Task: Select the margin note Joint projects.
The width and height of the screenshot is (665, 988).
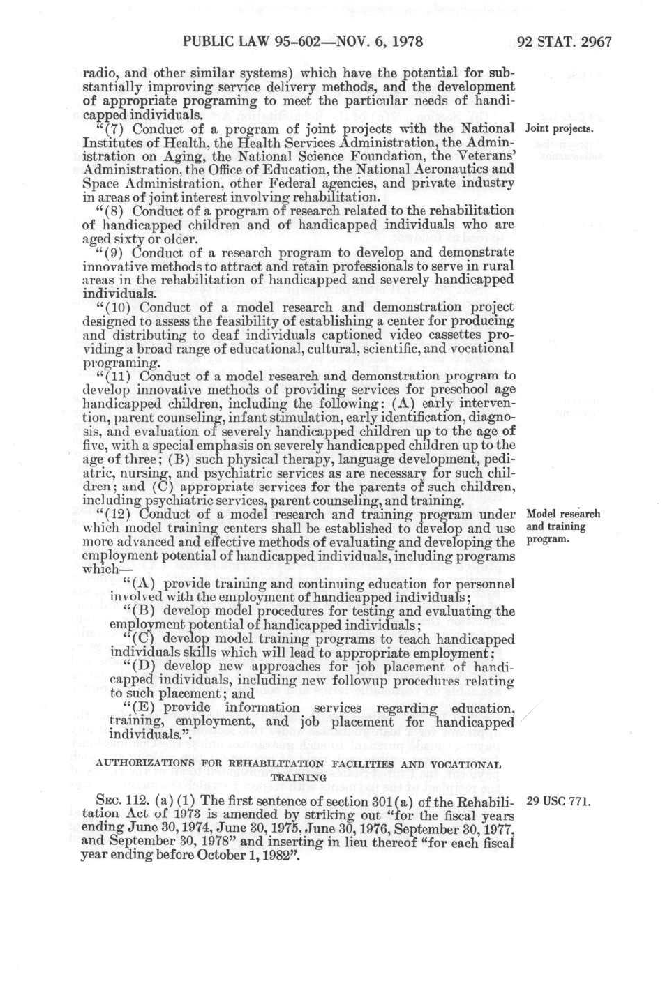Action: [x=559, y=129]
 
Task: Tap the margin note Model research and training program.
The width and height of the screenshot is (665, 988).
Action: [x=562, y=526]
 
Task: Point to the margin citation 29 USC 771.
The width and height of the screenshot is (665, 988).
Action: [x=558, y=802]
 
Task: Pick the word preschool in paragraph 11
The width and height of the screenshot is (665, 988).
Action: [x=456, y=390]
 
